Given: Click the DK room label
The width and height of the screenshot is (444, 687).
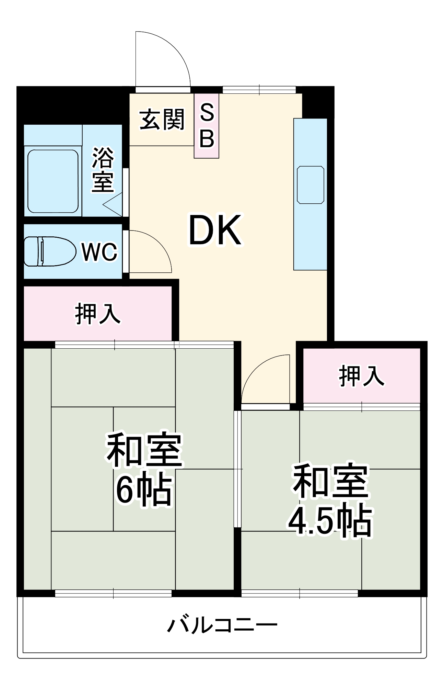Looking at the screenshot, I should tap(215, 230).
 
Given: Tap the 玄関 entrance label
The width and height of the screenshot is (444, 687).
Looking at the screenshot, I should tap(162, 120).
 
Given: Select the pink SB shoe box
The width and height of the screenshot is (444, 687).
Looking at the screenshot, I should tap(207, 126).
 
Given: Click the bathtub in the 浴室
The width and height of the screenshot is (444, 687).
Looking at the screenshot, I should tap(53, 181).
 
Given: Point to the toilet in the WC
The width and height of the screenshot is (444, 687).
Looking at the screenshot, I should tap(49, 251).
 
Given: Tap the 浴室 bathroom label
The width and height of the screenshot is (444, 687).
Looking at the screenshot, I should tap(103, 170).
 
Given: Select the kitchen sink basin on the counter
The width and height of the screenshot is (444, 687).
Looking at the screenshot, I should tap(311, 185).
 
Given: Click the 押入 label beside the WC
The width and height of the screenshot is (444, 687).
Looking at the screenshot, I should tap(98, 313).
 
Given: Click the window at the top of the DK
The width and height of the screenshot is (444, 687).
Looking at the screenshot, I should tap(259, 90).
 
